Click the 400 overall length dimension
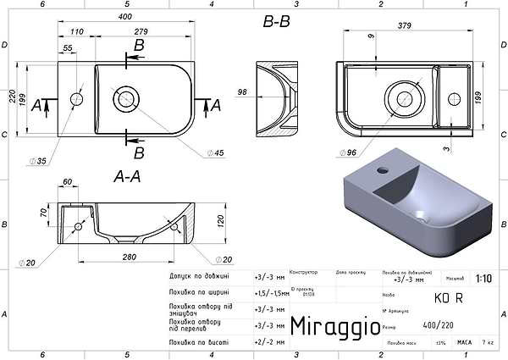coord(125,17)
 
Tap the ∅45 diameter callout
coord(217,153)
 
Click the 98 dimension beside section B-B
coord(242,91)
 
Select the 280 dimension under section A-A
coord(129,257)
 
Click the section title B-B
coord(276,23)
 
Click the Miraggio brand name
coord(329,327)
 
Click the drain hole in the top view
coord(126,97)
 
